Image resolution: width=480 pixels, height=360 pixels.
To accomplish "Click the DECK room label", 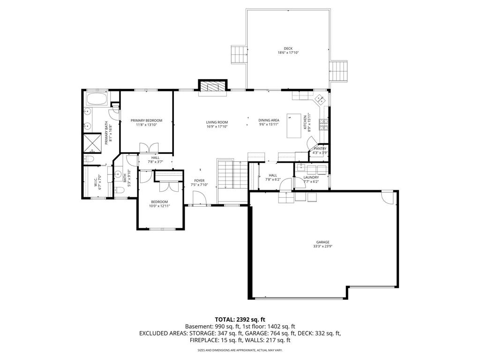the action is click(x=288, y=48).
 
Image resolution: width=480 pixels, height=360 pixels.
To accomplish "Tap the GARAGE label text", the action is click(x=323, y=242).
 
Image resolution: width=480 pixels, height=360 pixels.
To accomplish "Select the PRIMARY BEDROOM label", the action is click(x=146, y=120).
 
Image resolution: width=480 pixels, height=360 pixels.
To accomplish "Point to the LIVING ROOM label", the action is click(x=217, y=122).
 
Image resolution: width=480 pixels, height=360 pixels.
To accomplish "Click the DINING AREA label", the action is click(x=269, y=120).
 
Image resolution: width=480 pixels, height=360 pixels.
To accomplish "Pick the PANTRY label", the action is click(x=320, y=149).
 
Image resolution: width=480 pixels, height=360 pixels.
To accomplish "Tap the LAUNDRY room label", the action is click(x=311, y=177).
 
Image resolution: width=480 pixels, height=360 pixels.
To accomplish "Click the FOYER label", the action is click(x=199, y=180).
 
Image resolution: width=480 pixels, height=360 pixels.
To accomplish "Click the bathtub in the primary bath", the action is click(x=97, y=98).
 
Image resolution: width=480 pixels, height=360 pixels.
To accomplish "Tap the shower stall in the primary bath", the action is click(x=92, y=143).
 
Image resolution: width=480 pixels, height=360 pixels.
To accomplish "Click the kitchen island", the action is click(x=294, y=126).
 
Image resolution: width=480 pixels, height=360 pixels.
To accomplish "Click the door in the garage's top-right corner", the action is click(x=388, y=197).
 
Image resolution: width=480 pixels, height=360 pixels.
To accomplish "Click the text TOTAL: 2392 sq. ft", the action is click(x=240, y=320).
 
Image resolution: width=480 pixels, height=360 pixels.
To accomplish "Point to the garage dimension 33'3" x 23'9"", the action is click(x=323, y=246).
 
